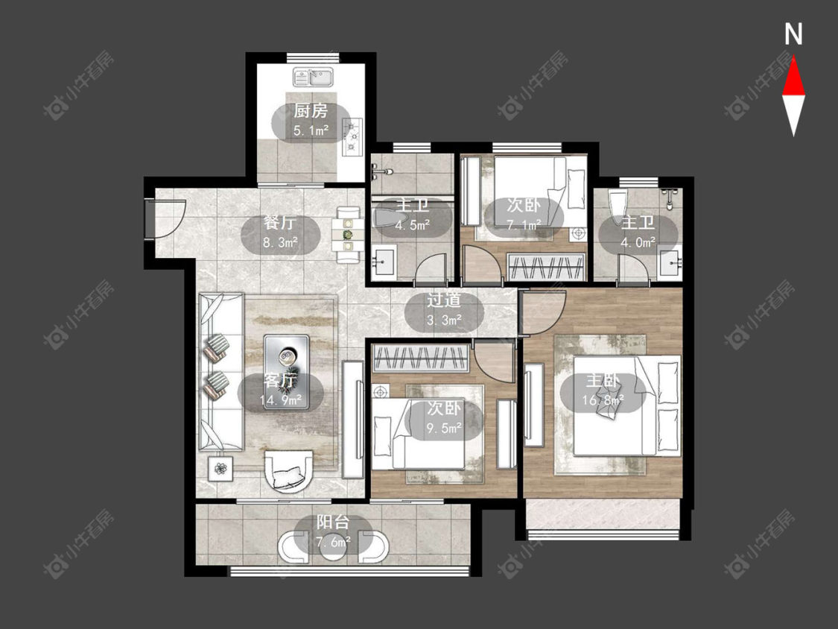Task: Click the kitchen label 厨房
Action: point(311,111)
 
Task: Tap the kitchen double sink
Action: point(313,77)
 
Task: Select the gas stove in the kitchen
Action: point(353,137)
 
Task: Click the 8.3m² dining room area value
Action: point(280,243)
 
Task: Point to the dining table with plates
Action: point(348,235)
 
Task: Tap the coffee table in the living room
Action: point(287,373)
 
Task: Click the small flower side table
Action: point(220,469)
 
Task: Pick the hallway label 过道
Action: point(444,300)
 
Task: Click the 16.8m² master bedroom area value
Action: point(603,400)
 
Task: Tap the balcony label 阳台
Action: point(333,522)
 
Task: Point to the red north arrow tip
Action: point(793,58)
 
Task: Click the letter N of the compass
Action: point(793,34)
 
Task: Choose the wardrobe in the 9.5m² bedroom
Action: point(421,358)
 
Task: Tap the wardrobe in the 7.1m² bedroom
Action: point(546,266)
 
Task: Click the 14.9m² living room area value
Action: point(281,400)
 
